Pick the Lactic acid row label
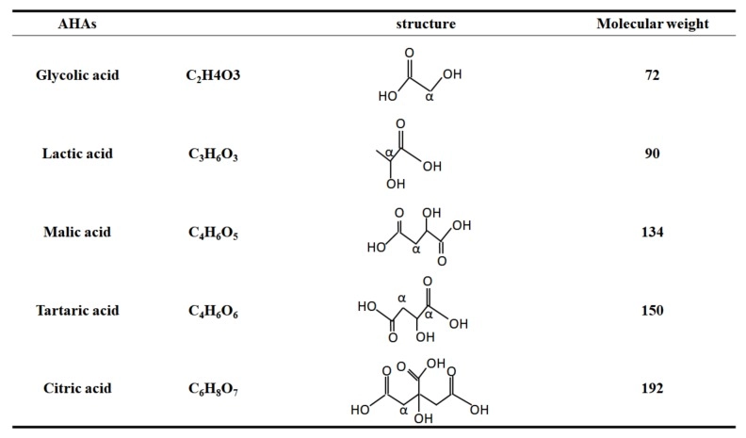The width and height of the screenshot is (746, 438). click(80, 154)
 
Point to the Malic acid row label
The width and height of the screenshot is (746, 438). click(80, 232)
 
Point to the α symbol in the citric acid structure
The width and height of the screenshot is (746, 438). click(404, 411)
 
